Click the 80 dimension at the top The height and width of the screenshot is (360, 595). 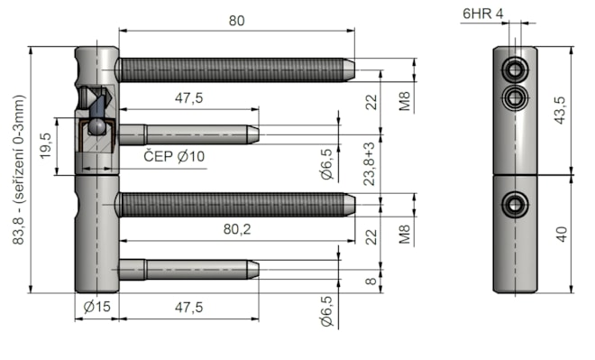coord(236,21)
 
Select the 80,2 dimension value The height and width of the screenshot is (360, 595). coord(237,229)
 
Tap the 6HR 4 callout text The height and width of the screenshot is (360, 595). coord(482,14)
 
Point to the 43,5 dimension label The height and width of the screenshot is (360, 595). coord(561,110)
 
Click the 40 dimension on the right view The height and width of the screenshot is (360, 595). coord(562,235)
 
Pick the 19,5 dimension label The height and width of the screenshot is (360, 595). coord(45,146)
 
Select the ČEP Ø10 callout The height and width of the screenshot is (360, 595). coord(174,156)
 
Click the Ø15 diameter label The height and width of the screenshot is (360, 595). coord(97,306)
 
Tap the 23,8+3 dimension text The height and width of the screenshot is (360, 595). coord(370,164)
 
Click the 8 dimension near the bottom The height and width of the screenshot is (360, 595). coord(371,282)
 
